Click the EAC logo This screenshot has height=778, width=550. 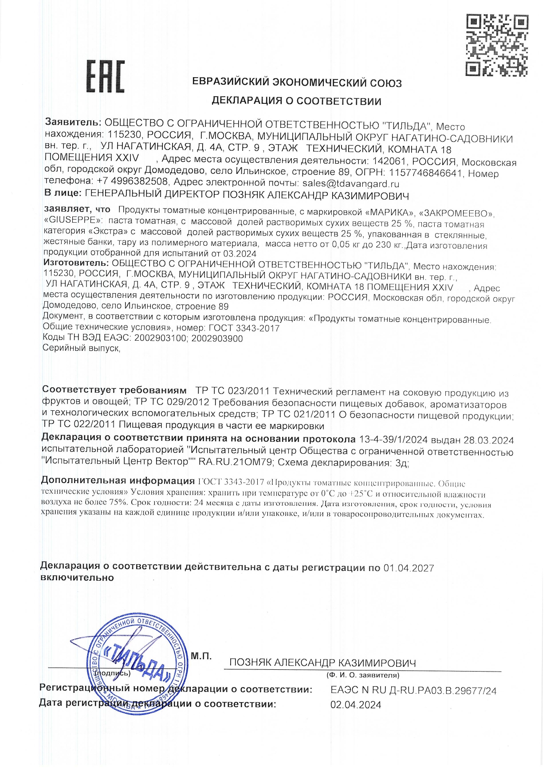(105, 77)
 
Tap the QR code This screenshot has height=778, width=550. (497, 45)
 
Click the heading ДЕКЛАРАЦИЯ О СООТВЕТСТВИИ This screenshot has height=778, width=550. (296, 101)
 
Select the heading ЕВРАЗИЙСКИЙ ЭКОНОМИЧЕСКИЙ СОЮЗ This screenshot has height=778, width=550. (297, 83)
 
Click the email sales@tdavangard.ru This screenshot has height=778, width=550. (351, 184)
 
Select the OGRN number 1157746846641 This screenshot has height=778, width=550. (425, 173)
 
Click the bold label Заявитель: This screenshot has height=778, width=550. (73, 122)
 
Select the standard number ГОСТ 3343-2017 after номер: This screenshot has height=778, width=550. (244, 328)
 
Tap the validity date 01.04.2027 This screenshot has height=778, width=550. (409, 568)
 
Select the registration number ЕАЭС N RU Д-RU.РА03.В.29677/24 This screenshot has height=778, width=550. (413, 691)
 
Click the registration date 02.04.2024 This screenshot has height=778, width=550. (356, 705)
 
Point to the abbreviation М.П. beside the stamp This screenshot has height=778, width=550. (201, 656)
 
